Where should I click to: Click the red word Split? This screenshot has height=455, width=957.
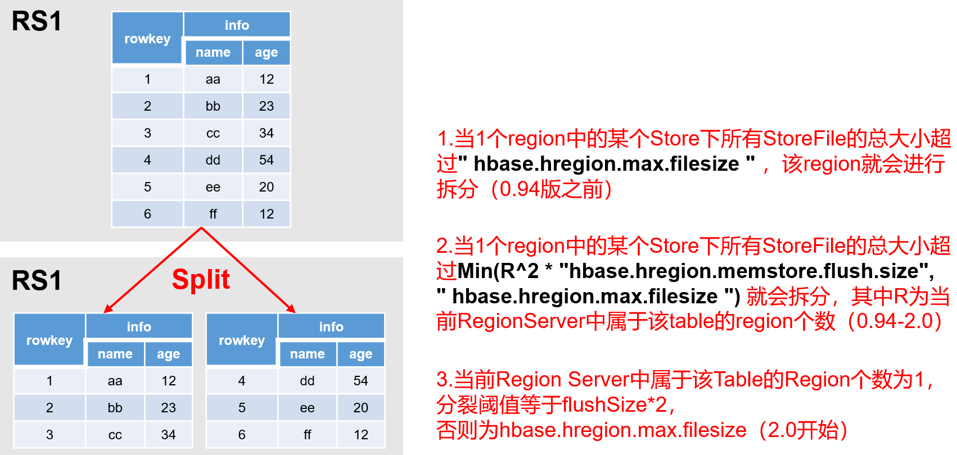201,279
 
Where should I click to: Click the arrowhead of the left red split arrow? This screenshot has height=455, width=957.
107,309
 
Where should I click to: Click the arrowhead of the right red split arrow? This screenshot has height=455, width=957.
291,309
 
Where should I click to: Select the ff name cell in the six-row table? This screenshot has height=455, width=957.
213,214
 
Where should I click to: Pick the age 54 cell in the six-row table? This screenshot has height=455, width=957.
267,160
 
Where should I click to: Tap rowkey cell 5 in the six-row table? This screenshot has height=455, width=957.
147,187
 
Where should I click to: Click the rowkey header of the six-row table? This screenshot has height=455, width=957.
147,39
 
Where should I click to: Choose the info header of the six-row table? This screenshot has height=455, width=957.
237,25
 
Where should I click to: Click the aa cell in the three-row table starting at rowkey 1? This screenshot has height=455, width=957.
115,381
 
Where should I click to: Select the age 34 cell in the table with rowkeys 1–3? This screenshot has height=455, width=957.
168,435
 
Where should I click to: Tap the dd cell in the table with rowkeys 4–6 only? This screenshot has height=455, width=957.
307,381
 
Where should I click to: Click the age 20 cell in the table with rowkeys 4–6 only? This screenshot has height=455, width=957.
360,408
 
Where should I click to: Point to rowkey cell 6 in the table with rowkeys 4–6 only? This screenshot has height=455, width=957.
242,435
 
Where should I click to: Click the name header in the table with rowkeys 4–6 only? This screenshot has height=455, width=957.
307,354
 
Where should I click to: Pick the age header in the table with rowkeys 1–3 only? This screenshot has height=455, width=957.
168,354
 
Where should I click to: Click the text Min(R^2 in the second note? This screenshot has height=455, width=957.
498,271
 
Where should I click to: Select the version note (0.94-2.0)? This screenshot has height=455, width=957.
895,321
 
